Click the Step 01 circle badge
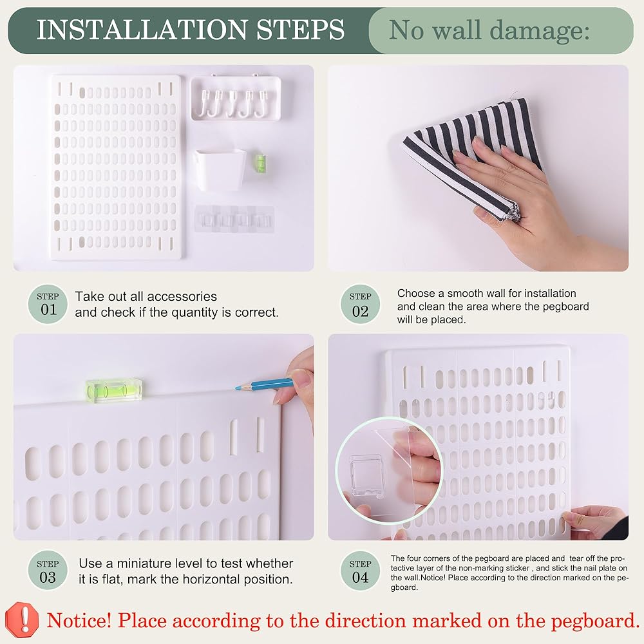48,304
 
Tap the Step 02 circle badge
360,304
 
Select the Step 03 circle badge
48,570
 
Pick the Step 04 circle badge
360,570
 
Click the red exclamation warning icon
22,620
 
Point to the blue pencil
264,384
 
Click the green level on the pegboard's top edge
114,390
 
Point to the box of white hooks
236,98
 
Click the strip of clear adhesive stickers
234,219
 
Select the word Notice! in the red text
79,620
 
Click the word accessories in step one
182,296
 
